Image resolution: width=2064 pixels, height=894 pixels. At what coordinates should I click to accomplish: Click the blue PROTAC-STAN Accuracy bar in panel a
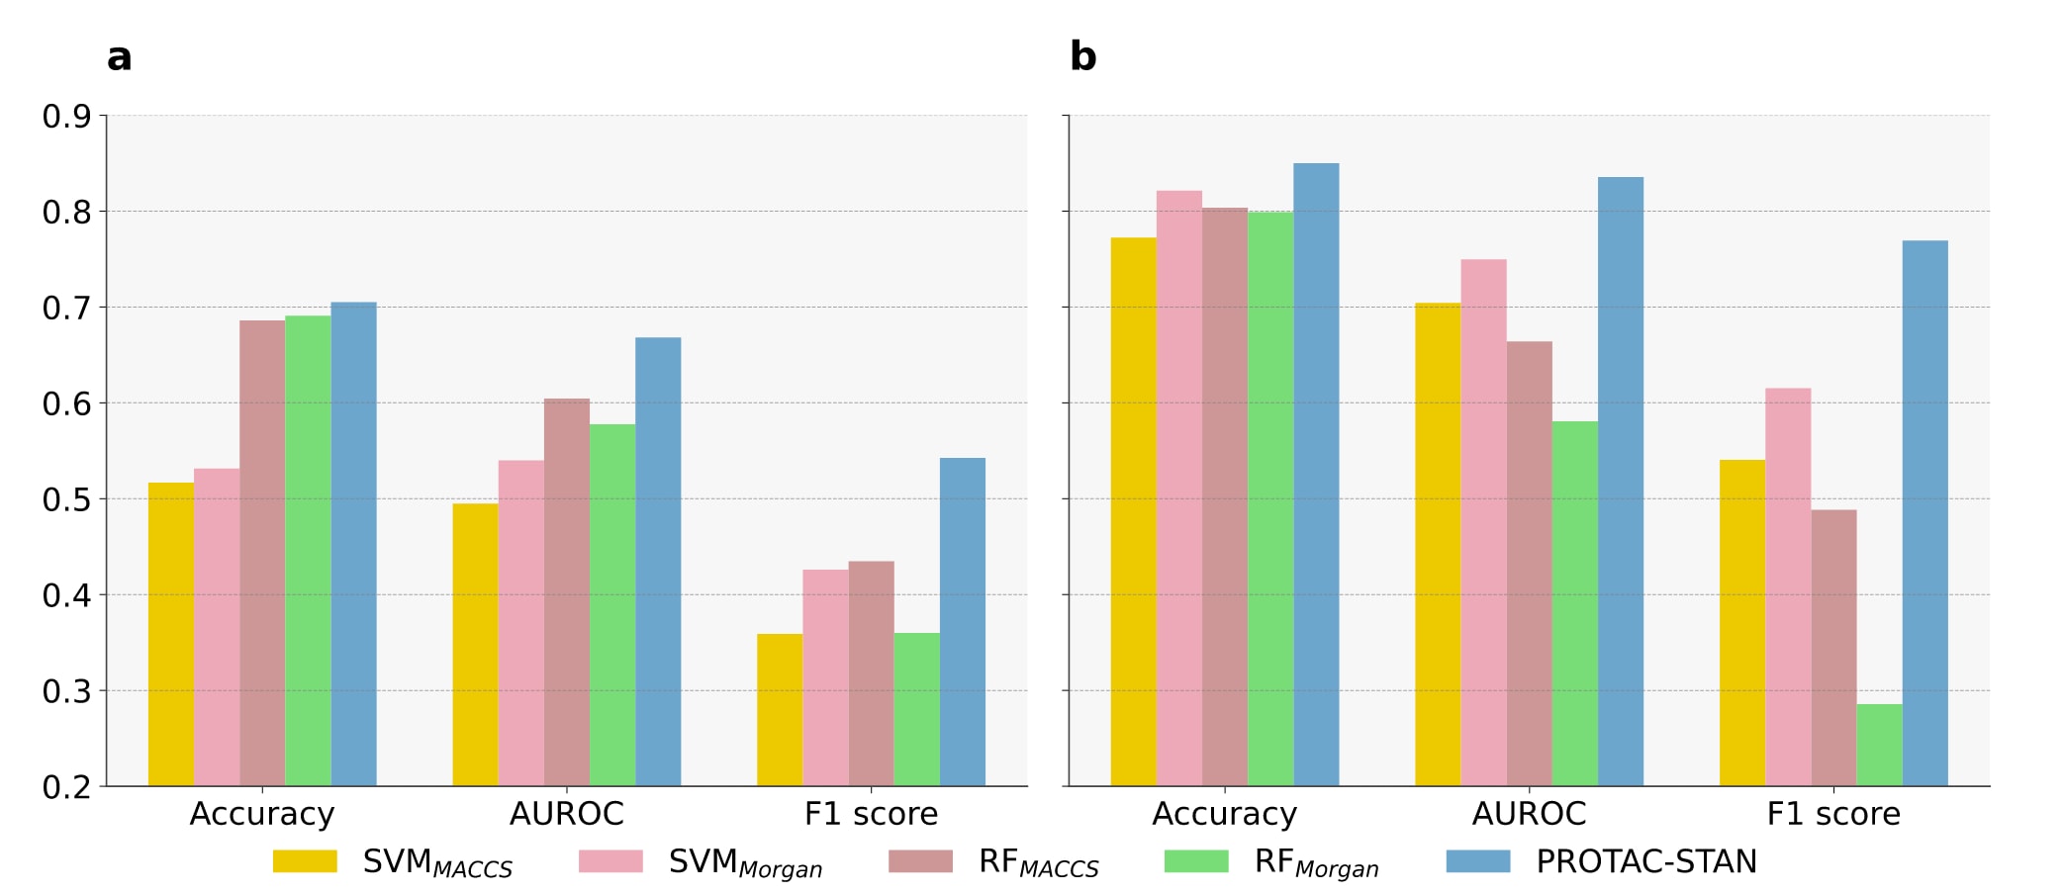[353, 544]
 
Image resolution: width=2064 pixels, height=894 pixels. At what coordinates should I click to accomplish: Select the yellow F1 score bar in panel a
[780, 710]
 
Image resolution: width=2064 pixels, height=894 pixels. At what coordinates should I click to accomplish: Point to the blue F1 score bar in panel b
[1924, 513]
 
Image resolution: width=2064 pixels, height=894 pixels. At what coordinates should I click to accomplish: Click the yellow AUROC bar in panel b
[1438, 544]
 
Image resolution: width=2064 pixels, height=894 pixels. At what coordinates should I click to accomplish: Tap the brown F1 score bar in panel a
[871, 673]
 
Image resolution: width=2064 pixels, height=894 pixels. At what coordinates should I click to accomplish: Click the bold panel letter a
[119, 57]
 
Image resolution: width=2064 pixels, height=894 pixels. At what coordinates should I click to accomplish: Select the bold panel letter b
[1082, 56]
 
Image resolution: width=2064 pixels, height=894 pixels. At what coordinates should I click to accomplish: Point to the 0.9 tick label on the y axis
[66, 117]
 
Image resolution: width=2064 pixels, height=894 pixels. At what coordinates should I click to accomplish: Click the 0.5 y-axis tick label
[66, 499]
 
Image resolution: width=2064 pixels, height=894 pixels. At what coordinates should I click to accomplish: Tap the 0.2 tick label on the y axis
[66, 787]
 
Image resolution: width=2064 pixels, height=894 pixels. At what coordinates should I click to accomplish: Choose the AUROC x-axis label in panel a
[566, 814]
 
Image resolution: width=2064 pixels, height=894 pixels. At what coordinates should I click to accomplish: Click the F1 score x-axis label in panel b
[1833, 814]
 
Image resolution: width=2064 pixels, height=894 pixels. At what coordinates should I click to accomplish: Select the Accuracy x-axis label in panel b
[1224, 814]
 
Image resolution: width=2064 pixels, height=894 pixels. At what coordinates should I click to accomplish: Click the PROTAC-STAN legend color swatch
[1478, 861]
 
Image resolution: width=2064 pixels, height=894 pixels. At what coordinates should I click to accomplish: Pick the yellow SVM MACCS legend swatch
[305, 861]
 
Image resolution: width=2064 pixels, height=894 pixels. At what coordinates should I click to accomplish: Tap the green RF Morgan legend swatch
[1196, 861]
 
